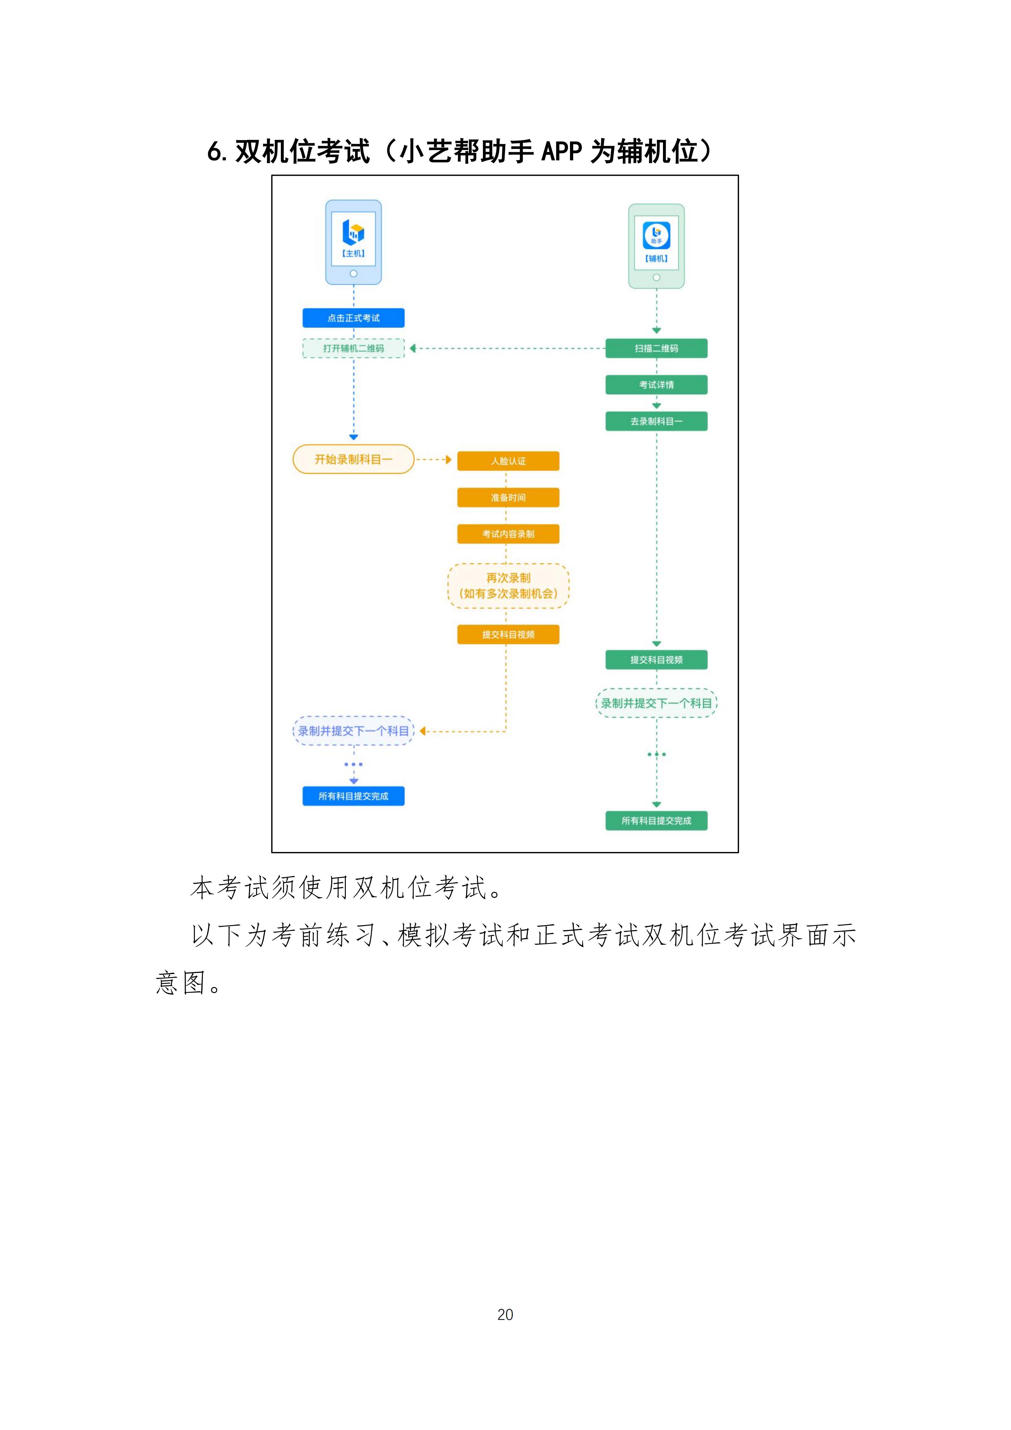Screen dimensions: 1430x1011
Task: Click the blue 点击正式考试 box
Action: pos(353,318)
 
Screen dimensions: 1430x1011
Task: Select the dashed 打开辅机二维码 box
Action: pos(353,348)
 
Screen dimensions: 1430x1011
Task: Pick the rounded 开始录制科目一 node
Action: pos(353,459)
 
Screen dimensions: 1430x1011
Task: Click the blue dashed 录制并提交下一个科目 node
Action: pos(353,731)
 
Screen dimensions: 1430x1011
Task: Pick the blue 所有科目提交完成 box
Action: pos(353,796)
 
